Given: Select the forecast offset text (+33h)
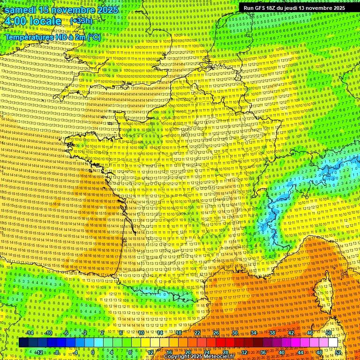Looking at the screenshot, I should pyautogui.click(x=81, y=21).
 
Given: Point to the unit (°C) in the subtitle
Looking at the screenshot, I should pyautogui.click(x=93, y=37).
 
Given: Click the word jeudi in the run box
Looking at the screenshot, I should pyautogui.click(x=297, y=8).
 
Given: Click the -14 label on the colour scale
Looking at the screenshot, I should pyautogui.click(x=30, y=333).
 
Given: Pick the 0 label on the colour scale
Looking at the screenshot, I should pyautogui.click(x=93, y=352).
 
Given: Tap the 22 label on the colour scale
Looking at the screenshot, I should pyautogui.click(x=197, y=333).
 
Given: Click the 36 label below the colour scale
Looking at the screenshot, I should pyautogui.click(x=263, y=352).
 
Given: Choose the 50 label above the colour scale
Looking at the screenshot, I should pyautogui.click(x=328, y=333).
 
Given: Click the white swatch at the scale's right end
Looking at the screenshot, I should pyautogui.click(x=333, y=343).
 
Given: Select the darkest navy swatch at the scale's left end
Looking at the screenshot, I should pyautogui.click(x=23, y=343).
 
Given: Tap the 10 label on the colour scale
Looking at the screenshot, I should pyautogui.click(x=141, y=333).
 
